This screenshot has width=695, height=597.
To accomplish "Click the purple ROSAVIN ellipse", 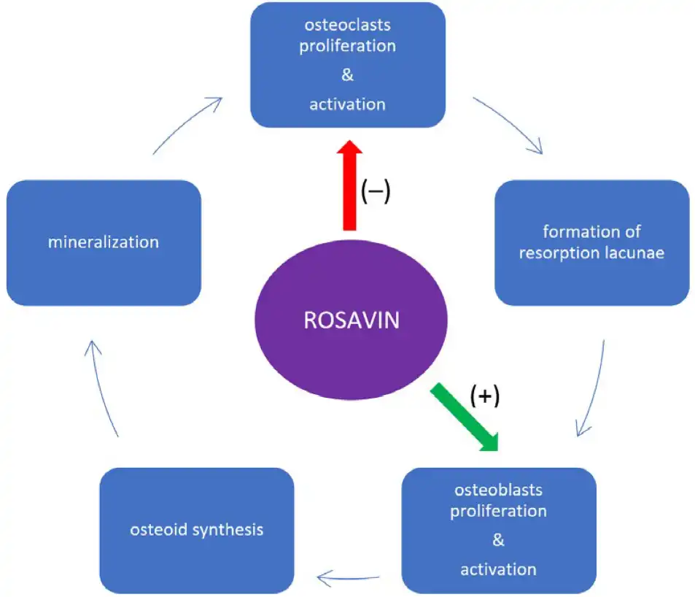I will tap(350, 320).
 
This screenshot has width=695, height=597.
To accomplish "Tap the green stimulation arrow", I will tap(465, 416).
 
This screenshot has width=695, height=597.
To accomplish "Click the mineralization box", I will tap(104, 242).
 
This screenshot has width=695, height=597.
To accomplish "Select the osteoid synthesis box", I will tap(196, 530).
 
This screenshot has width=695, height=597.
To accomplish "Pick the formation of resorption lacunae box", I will tap(591, 242).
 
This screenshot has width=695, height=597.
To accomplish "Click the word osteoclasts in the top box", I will tap(348, 25).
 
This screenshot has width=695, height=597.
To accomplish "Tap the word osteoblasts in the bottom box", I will tap(498, 490).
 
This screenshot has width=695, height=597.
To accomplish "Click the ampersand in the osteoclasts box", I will tap(348, 75).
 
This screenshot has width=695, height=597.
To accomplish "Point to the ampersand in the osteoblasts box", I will tap(499, 540).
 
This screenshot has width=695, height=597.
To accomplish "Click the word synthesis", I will tap(228, 530).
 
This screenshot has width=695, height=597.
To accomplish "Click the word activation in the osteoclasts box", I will tap(348, 104).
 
